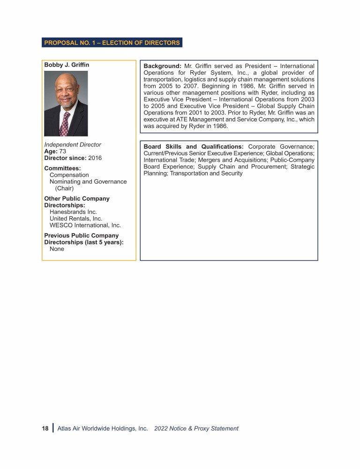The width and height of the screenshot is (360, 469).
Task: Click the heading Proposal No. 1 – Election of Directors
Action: coord(112,43)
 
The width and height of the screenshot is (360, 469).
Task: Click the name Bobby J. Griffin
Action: coord(67,65)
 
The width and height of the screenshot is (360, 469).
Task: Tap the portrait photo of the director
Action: coord(66,103)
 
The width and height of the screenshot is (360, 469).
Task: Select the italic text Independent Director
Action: coord(73,145)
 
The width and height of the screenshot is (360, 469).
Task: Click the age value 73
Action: coord(63,151)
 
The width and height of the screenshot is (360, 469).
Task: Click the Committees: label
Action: coord(62,168)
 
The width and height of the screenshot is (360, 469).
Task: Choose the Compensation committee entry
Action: coord(69,175)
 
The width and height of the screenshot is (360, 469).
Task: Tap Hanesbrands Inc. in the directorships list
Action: coord(73,212)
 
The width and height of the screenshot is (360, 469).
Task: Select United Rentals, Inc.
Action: coord(76,219)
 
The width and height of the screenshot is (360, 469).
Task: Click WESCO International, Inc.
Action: coord(85,225)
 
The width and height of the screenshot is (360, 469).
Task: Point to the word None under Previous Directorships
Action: coord(57,249)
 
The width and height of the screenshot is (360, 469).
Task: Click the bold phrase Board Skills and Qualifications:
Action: coord(194,147)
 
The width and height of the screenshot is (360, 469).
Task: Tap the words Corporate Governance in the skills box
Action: coord(281,147)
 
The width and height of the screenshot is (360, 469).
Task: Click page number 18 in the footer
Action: coord(45,428)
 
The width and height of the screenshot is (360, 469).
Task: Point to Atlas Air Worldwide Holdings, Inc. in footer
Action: coord(103,428)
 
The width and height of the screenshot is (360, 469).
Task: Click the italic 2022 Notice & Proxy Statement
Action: coord(196,428)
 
